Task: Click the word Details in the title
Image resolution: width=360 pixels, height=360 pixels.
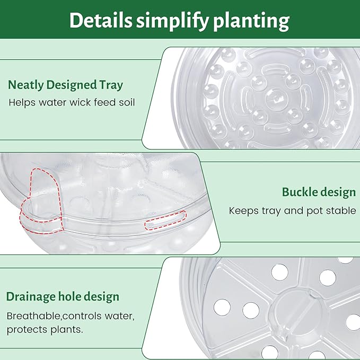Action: click(x=100, y=21)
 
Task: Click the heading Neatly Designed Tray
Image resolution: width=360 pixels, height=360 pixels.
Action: click(x=65, y=85)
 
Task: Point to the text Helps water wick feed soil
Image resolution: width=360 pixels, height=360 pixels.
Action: click(x=72, y=102)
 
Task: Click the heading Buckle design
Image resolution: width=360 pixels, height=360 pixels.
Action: click(x=319, y=192)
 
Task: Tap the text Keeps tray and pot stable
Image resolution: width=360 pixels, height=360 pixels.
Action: click(x=292, y=210)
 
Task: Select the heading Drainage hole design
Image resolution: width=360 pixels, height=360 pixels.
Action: click(x=63, y=296)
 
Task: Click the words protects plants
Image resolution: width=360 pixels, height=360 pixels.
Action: click(x=45, y=329)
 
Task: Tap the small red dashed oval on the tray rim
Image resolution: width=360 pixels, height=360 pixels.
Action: click(x=166, y=219)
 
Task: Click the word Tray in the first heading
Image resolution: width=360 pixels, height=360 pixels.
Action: click(x=112, y=85)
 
